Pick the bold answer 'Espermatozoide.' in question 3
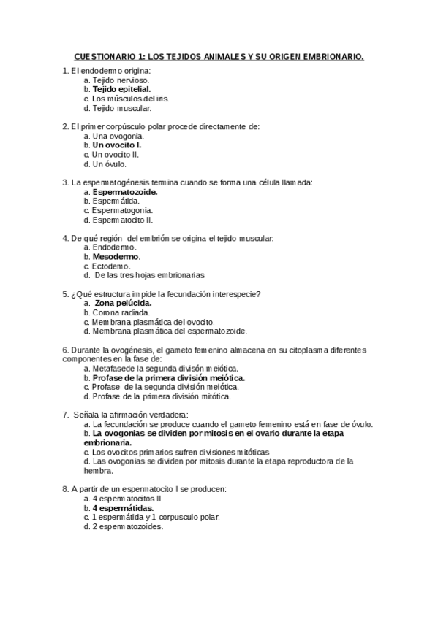coord(125,192)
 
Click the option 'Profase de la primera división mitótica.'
coord(162,396)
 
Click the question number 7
coord(66,415)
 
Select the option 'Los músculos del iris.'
coord(129,99)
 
